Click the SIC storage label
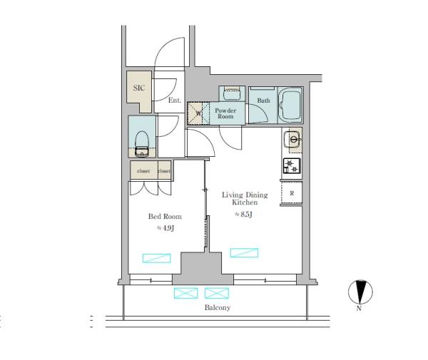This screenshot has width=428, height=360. tap(139, 88)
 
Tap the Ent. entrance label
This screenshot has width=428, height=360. tap(175, 100)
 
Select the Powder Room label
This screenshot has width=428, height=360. tap(225, 113)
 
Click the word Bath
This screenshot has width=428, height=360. tap(264, 101)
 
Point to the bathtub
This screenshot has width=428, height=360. tap(290, 105)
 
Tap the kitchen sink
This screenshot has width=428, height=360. tap(292, 140)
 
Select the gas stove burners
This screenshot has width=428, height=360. tap(292, 166)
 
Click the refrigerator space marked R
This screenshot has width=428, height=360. tap(292, 193)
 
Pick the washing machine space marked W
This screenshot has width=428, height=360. tap(198, 113)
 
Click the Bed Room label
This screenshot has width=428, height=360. tap(165, 217)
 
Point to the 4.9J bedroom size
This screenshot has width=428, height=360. tap(165, 228)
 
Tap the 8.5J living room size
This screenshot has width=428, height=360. tap(244, 215)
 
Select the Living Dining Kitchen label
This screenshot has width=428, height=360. tap(245, 199)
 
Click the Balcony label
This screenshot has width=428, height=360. tap(218, 308)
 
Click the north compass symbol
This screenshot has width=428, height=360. tap(360, 292)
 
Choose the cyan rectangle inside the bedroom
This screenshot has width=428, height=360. tap(157, 258)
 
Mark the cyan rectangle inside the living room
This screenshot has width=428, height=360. tap(244, 252)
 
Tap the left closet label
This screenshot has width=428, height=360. tap(143, 171)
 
